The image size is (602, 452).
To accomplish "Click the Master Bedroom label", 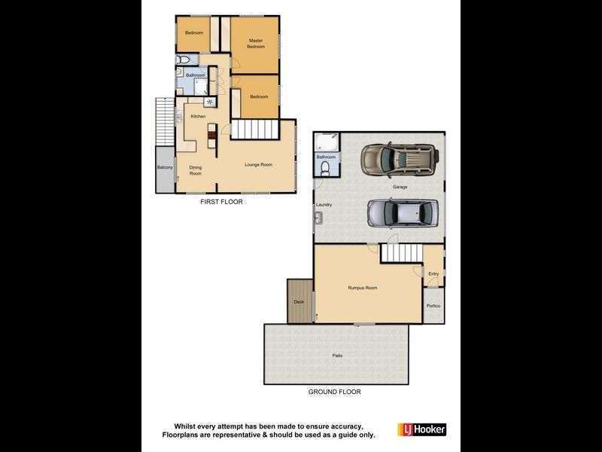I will pyautogui.click(x=257, y=43).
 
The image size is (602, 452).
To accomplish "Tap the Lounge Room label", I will pyautogui.click(x=258, y=164).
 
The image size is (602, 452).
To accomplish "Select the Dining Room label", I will pyautogui.click(x=195, y=170).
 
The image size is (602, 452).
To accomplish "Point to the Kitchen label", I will pyautogui.click(x=198, y=116).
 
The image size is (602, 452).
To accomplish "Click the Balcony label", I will pyautogui.click(x=165, y=167).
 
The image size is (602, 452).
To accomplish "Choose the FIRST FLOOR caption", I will pyautogui.click(x=221, y=202).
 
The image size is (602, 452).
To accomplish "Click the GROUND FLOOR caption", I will pyautogui.click(x=334, y=392).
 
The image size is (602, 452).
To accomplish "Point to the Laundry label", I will pyautogui.click(x=324, y=204).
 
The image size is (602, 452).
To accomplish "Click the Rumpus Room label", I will pyautogui.click(x=362, y=288).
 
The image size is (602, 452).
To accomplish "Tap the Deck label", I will pyautogui.click(x=299, y=301).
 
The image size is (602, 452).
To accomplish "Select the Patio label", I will pyautogui.click(x=336, y=355).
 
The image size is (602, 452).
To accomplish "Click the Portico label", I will pyautogui.click(x=433, y=306).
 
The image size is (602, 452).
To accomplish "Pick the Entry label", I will pyautogui.click(x=433, y=273).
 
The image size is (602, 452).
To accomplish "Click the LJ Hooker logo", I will pyautogui.click(x=426, y=429).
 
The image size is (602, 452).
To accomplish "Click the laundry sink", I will pyautogui.click(x=320, y=218).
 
